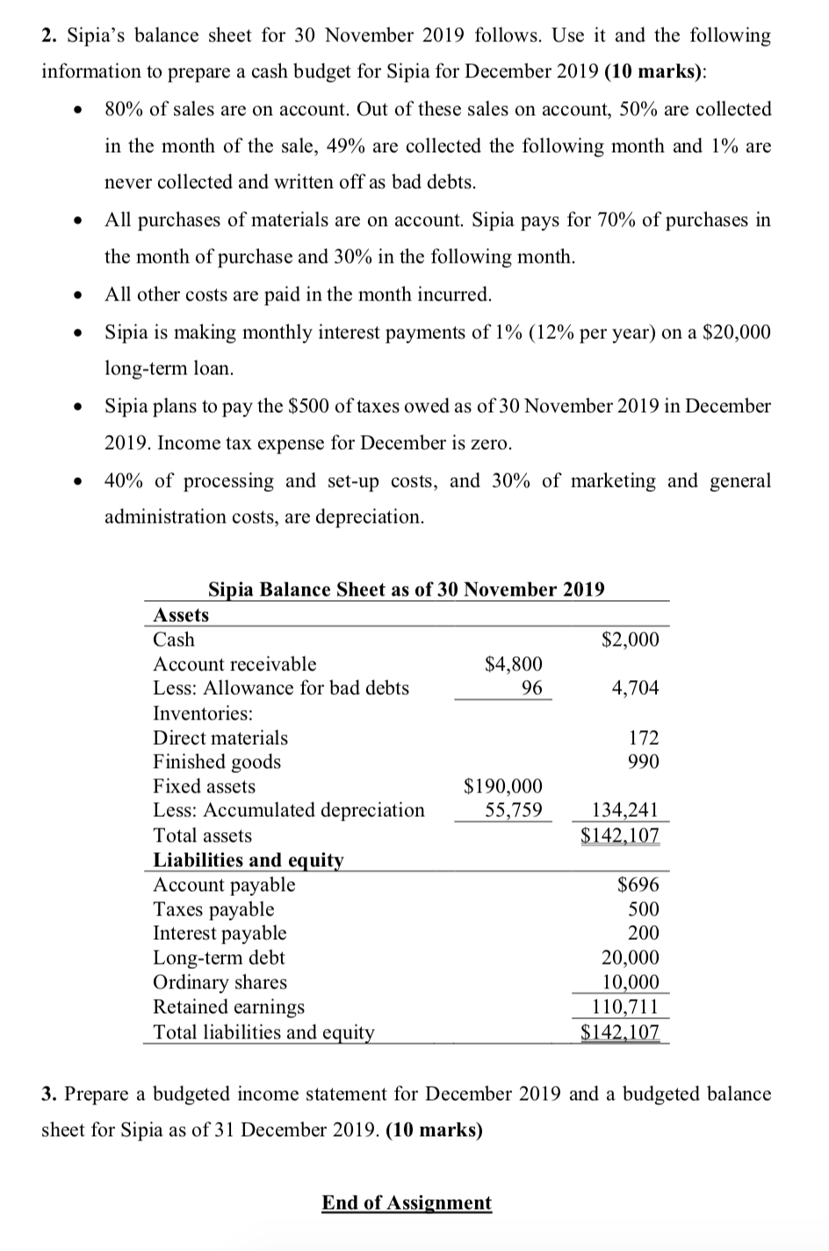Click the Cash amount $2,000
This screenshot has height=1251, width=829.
click(630, 640)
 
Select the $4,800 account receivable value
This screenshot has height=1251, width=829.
click(514, 664)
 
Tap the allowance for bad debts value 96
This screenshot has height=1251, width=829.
click(530, 688)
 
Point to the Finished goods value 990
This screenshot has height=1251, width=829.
click(644, 762)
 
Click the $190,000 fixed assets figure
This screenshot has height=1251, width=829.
click(502, 785)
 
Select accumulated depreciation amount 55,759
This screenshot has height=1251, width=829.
click(514, 809)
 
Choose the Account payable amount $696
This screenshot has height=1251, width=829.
click(638, 885)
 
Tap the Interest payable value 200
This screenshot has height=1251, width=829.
click(644, 933)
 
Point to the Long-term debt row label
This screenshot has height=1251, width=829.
click(219, 958)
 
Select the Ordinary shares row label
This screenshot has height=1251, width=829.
click(220, 982)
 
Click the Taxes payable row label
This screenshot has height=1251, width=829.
click(213, 909)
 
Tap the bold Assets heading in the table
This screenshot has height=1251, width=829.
click(181, 615)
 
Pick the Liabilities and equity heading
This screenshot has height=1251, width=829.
click(249, 860)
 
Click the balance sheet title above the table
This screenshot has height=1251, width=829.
click(406, 589)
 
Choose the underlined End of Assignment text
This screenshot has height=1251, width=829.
click(407, 1203)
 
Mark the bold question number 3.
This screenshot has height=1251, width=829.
click(49, 1095)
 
